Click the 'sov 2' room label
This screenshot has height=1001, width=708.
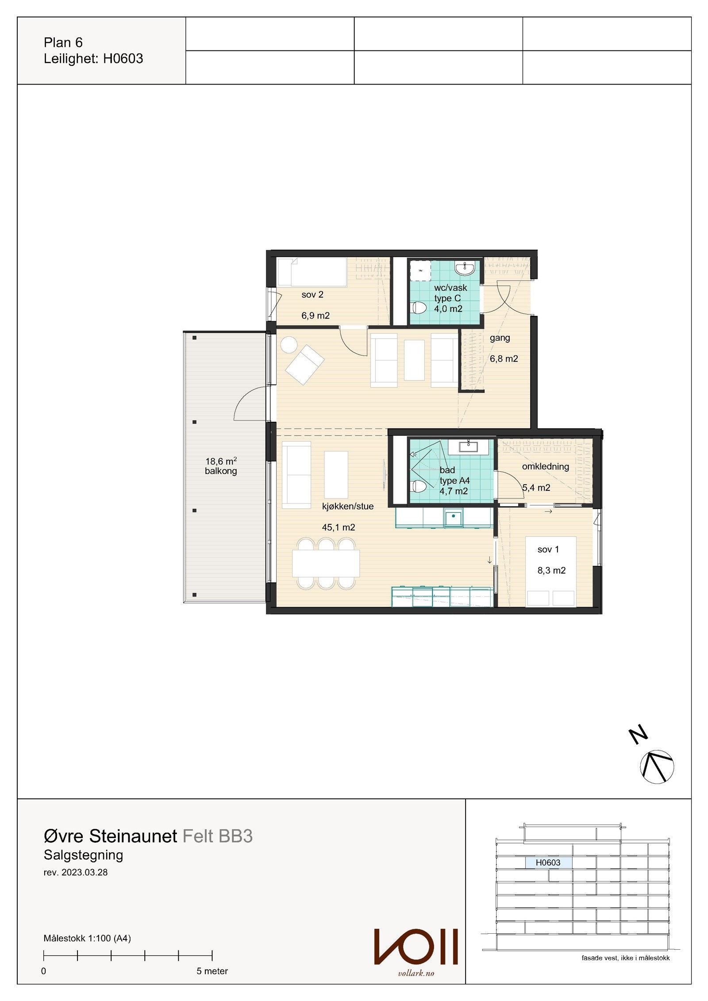(x=312, y=295)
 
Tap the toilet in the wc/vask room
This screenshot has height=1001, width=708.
(x=419, y=308)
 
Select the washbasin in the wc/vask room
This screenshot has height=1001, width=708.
(x=465, y=268)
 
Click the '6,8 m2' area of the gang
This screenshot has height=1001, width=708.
(x=504, y=359)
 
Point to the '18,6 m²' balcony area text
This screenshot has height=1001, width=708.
(x=221, y=461)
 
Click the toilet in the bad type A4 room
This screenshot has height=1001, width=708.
(x=419, y=486)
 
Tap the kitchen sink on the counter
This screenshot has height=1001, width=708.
(x=454, y=517)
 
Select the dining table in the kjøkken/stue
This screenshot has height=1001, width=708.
(x=326, y=563)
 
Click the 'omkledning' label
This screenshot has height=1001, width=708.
(x=545, y=466)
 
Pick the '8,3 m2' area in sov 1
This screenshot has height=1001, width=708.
(x=551, y=570)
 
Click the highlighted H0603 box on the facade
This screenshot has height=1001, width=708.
(x=548, y=862)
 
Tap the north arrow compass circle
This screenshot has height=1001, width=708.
(x=657, y=767)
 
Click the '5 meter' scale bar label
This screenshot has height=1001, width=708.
(x=212, y=971)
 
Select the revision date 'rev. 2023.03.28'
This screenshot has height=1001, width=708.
(x=76, y=873)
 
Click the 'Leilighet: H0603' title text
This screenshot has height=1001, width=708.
(x=93, y=59)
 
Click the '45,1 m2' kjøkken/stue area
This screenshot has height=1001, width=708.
(x=339, y=527)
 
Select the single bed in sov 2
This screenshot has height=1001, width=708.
(x=312, y=272)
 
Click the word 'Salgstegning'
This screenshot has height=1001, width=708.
(x=83, y=855)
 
